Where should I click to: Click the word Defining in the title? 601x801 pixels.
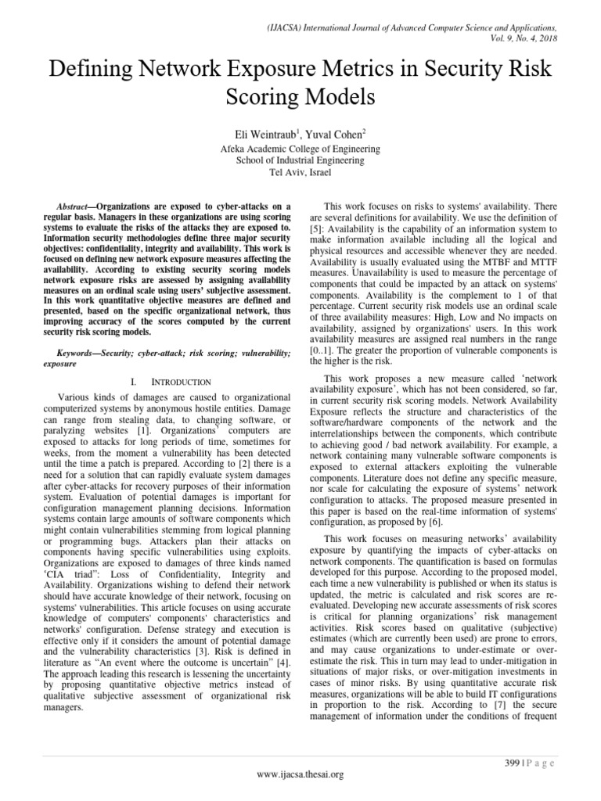92,70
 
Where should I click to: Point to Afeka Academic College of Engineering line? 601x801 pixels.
300,149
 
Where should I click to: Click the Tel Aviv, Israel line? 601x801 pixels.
300,172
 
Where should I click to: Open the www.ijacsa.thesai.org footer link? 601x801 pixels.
300,774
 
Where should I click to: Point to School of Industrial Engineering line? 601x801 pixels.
300,160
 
